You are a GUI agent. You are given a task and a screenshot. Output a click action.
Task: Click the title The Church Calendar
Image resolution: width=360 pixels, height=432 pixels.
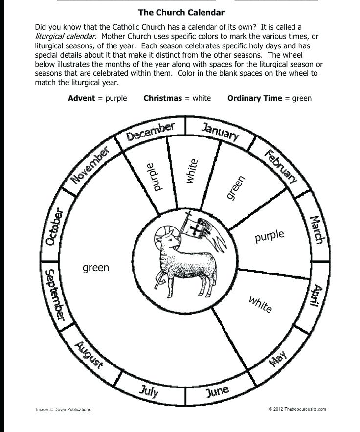click(181, 12)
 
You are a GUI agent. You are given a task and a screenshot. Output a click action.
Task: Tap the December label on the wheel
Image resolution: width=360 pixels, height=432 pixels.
click(150, 132)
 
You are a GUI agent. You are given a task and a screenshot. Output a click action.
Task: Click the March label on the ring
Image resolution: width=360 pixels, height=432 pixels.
click(317, 230)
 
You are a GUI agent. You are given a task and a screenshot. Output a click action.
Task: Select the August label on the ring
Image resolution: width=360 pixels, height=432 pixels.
click(89, 355)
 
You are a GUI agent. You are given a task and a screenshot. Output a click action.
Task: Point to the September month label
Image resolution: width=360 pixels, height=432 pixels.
click(54, 295)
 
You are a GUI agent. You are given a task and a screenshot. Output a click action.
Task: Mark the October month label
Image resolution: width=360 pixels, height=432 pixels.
click(54, 227)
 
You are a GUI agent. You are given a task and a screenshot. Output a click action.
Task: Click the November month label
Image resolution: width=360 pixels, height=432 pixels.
click(90, 165)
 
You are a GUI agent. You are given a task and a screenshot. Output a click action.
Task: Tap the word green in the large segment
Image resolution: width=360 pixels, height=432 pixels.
click(96, 268)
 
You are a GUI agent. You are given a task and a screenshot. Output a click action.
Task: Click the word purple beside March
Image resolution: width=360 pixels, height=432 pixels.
click(269, 236)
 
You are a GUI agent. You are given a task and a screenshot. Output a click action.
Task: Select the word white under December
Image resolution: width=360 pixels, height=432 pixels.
click(192, 171)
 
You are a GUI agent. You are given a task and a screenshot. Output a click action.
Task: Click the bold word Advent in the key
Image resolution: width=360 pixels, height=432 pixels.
click(82, 98)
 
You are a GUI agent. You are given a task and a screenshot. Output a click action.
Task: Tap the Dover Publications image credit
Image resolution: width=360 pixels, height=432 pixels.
click(63, 409)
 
